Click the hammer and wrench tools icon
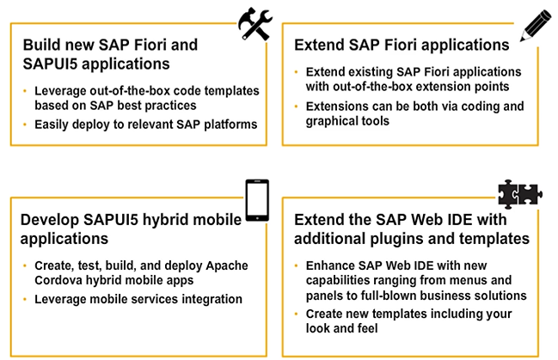[x=254, y=25]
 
